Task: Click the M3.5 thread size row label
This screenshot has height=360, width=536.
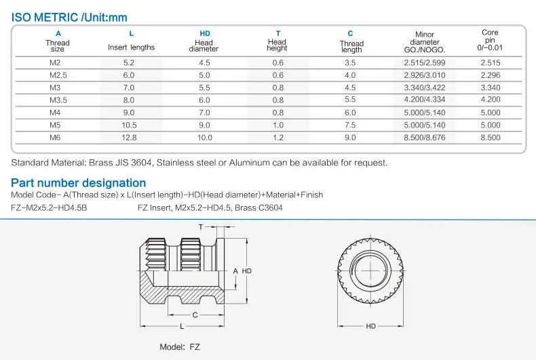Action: pyautogui.click(x=58, y=100)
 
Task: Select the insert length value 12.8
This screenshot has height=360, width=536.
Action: pyautogui.click(x=129, y=138)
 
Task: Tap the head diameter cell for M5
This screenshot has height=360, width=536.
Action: pyautogui.click(x=204, y=125)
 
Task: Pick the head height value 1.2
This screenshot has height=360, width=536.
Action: pyautogui.click(x=278, y=138)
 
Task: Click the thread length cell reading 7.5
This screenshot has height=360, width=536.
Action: pyautogui.click(x=350, y=125)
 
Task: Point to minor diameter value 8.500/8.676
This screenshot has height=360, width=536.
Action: pyautogui.click(x=425, y=138)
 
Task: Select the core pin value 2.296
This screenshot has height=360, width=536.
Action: pyautogui.click(x=490, y=75)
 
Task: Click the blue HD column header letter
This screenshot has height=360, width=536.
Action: pyautogui.click(x=205, y=33)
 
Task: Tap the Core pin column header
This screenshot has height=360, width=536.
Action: pyautogui.click(x=490, y=40)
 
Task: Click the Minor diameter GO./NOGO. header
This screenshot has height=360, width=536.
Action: pyautogui.click(x=425, y=42)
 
